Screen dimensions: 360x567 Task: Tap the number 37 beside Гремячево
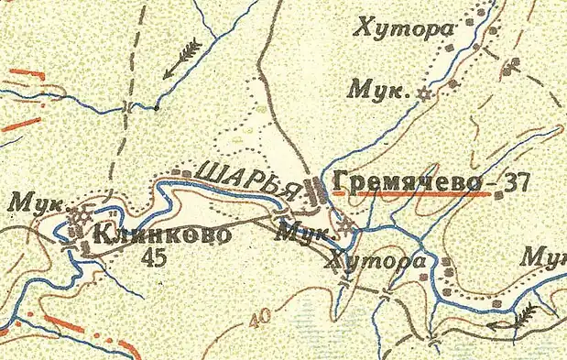point(517,181)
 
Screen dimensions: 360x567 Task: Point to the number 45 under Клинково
point(155,258)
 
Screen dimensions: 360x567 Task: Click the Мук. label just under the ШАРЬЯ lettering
point(304,233)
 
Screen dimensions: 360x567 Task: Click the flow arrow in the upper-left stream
point(182,57)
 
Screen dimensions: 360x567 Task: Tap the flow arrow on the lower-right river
point(511,319)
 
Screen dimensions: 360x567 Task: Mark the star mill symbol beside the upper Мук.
point(422,93)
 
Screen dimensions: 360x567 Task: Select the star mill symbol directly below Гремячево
point(345,224)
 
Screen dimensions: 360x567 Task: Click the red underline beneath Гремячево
point(409,193)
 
